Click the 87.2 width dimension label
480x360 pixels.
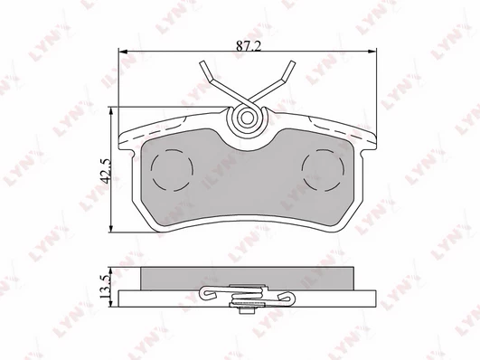click(x=249, y=46)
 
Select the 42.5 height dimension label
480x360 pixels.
click(x=107, y=171)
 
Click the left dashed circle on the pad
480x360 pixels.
click(x=172, y=170)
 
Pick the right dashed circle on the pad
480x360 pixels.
click(x=323, y=170)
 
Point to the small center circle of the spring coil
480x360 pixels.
click(x=247, y=118)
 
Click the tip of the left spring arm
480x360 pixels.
click(x=202, y=62)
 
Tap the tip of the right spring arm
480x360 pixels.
click(x=292, y=62)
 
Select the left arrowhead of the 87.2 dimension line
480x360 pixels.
click(x=123, y=52)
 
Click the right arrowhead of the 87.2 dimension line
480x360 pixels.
click(x=372, y=52)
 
